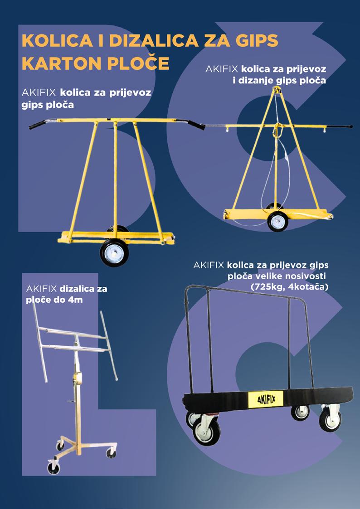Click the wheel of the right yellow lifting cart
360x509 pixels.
tap(277, 222)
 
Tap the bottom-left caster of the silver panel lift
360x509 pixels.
tap(52, 468)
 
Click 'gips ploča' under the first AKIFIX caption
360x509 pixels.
tap(48, 104)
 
